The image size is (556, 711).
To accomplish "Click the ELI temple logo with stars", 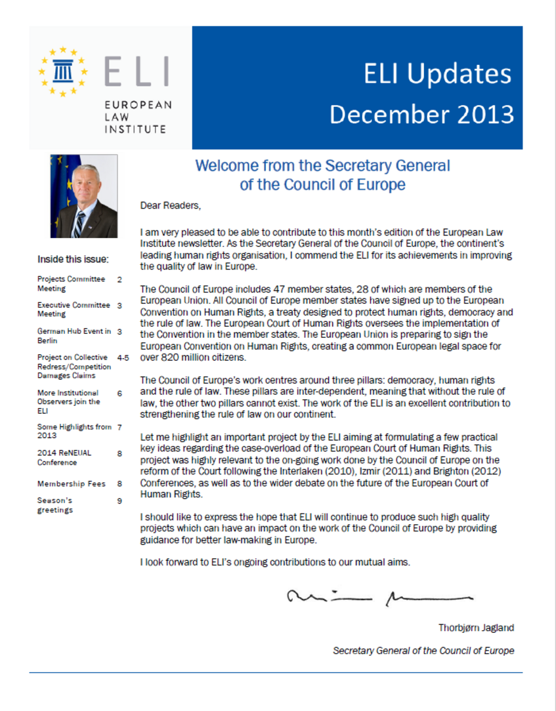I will click(64, 71).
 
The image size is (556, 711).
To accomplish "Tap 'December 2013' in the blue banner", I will click(421, 113).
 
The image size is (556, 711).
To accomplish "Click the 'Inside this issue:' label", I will click(73, 259).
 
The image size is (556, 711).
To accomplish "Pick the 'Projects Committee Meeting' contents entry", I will click(71, 283).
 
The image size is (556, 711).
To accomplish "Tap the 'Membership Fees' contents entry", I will click(71, 483).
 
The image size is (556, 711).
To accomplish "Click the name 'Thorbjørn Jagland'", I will click(476, 628).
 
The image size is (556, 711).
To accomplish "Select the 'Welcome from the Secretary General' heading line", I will click(322, 166).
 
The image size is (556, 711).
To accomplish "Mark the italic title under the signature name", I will click(423, 651).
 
